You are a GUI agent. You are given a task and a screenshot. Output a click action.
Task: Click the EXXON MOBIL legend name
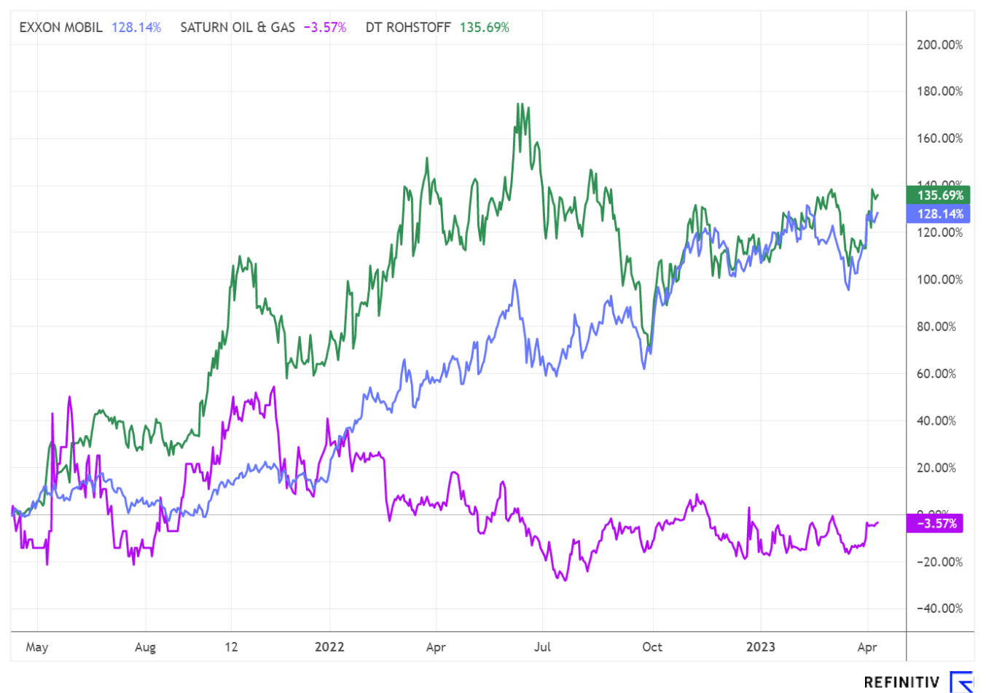60,28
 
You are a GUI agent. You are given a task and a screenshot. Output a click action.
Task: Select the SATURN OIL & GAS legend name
238,28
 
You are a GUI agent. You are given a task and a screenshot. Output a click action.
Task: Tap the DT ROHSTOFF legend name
408,28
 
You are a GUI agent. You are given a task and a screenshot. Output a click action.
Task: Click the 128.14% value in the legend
136,28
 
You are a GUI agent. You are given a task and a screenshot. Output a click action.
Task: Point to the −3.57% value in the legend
324,28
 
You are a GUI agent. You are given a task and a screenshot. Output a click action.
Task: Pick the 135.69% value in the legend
485,28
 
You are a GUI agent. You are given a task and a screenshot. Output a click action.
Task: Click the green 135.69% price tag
940,195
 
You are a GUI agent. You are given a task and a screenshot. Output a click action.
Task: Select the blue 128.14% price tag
940,214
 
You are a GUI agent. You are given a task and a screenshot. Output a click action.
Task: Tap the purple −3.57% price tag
936,523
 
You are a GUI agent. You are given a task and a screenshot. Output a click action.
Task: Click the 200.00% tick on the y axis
939,45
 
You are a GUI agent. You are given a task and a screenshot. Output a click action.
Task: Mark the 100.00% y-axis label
939,280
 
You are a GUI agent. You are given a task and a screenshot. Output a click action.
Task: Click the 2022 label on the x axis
329,647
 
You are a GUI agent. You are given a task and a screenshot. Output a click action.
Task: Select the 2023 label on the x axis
761,647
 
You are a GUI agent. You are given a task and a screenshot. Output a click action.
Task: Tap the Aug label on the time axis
145,647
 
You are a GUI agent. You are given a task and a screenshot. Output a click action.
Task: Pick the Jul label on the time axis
542,647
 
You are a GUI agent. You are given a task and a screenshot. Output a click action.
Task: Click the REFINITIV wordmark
901,682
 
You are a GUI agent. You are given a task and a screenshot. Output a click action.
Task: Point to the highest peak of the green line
518,103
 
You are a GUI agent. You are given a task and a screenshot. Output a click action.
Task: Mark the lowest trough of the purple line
564,580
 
